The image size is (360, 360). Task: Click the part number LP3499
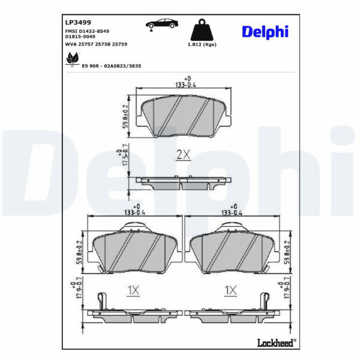(x=78, y=22)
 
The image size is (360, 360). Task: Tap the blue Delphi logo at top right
(x=265, y=31)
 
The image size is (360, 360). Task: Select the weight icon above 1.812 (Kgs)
(x=202, y=29)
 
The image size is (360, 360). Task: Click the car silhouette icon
(x=162, y=24)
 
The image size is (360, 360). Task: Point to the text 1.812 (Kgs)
(x=202, y=44)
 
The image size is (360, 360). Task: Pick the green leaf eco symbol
(x=73, y=59)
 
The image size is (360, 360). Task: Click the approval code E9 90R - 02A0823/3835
(x=112, y=66)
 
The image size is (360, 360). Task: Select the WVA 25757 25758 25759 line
(x=96, y=44)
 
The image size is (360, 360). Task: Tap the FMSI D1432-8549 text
(x=87, y=31)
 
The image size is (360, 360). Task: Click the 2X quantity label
(x=183, y=155)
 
